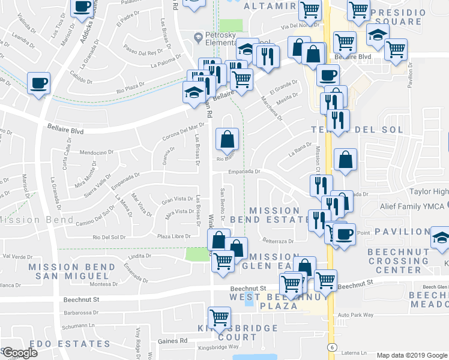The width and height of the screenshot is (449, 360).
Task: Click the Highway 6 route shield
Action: point(331,347)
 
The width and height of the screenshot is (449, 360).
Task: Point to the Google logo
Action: point(20,353)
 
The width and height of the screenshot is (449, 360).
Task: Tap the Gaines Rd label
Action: point(176,340)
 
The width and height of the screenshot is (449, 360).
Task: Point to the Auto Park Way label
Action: point(355,314)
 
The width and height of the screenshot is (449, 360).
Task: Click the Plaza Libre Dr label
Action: point(172,237)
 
